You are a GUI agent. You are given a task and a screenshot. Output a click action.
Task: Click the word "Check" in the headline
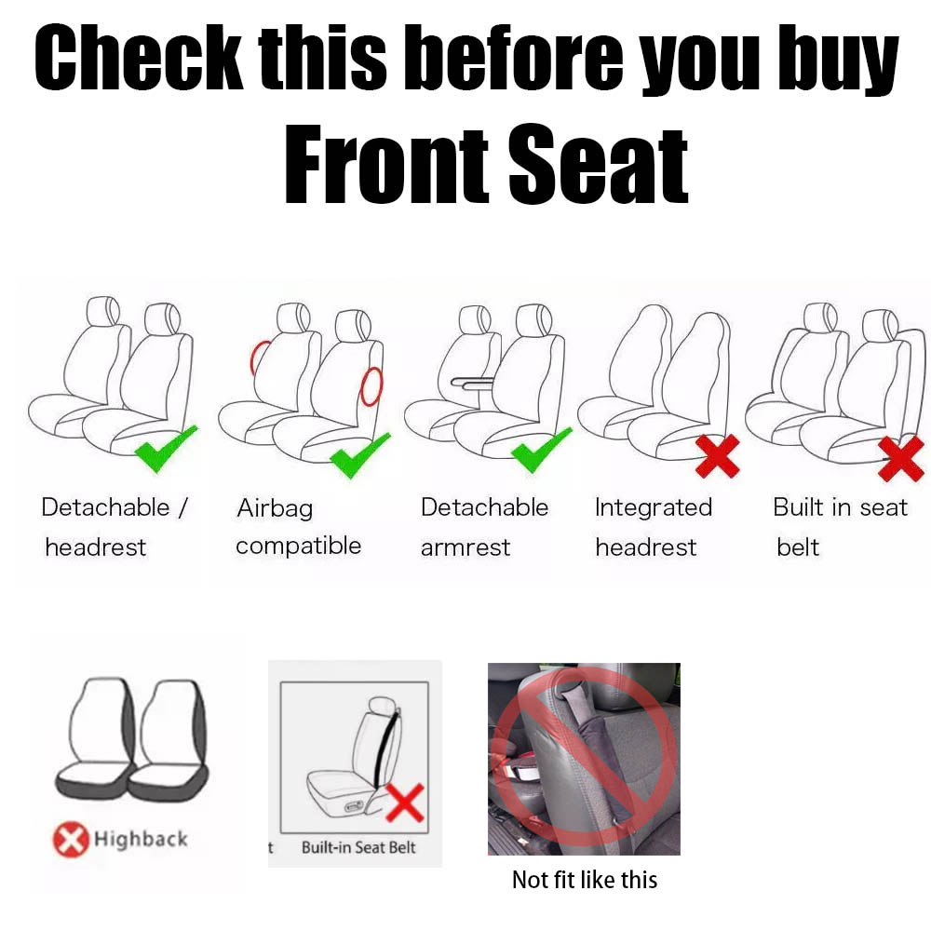139,58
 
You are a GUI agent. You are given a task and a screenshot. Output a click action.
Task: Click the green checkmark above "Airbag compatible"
360,455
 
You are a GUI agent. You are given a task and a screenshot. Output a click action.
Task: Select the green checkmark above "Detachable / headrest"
166,449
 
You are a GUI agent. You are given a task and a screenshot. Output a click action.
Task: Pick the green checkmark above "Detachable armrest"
542,450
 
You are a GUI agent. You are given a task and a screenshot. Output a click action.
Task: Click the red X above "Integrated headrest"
718,455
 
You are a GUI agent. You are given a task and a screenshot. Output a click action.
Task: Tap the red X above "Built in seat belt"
900,458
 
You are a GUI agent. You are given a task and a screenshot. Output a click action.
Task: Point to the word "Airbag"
275,509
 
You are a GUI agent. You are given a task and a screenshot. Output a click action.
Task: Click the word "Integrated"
654,508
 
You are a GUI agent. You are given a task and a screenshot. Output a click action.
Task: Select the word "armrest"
465,547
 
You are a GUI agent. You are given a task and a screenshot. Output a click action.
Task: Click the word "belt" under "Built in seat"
798,546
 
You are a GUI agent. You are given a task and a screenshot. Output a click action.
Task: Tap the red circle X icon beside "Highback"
71,839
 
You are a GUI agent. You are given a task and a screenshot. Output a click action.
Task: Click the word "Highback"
141,839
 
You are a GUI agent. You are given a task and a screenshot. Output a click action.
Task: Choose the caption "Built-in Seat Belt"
358,847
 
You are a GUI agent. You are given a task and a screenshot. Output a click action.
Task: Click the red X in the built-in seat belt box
405,803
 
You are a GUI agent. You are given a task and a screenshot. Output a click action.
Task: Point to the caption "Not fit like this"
585,880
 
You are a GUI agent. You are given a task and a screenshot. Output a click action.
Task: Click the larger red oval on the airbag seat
372,387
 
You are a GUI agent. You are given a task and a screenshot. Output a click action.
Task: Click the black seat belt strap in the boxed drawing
386,749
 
